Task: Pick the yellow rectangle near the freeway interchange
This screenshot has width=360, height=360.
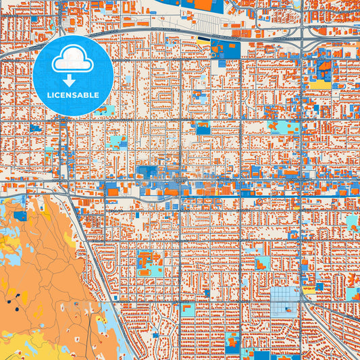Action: click(319, 84)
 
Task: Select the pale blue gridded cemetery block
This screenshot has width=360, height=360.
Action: click(283, 301)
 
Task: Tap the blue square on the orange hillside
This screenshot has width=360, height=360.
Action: click(20, 216)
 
